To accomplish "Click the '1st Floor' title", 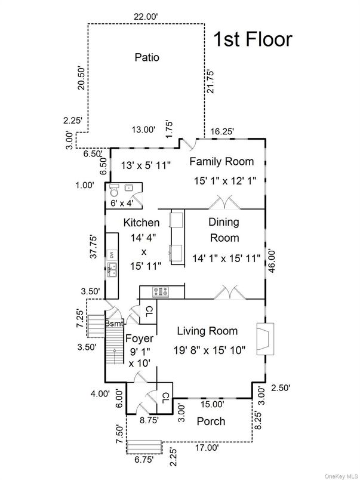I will point(253,39).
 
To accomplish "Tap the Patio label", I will point(147,58).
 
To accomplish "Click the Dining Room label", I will point(224,230).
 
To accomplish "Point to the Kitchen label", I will point(141,223).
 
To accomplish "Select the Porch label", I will point(211,421).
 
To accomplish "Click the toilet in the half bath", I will point(113,190).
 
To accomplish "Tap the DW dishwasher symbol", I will point(112,255).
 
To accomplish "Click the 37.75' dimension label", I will point(92,247).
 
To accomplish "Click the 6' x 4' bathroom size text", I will point(122,203).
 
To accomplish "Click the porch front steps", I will point(144,447).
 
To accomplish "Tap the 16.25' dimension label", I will point(223,131).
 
